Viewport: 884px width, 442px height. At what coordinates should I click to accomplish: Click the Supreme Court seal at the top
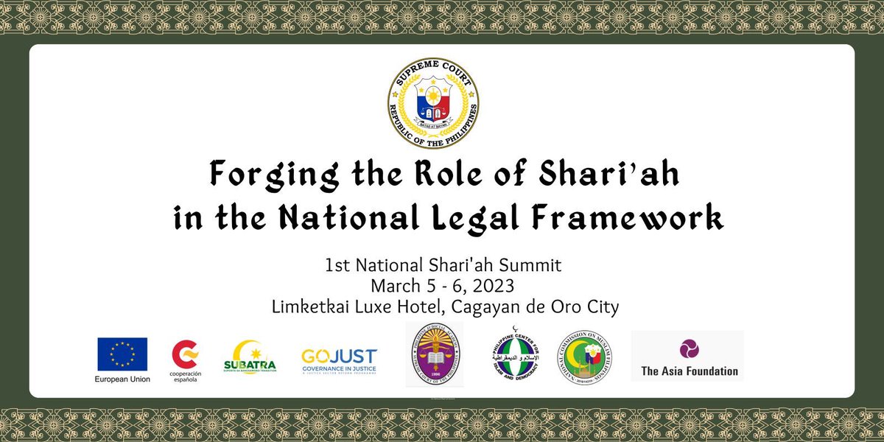pos(433,104)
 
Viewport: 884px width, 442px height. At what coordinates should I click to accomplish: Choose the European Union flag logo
pos(122,354)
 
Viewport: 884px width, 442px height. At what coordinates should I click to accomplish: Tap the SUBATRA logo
pos(250,357)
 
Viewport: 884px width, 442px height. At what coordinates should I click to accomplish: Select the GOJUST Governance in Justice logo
pos(339,359)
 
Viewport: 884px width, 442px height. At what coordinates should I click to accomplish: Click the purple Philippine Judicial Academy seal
pos(435,354)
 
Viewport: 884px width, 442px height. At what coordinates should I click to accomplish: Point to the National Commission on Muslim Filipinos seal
pos(585,357)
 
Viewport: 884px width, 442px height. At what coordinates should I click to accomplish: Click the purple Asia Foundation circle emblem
pos(690,348)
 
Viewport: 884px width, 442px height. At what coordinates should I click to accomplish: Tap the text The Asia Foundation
pos(690,371)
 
